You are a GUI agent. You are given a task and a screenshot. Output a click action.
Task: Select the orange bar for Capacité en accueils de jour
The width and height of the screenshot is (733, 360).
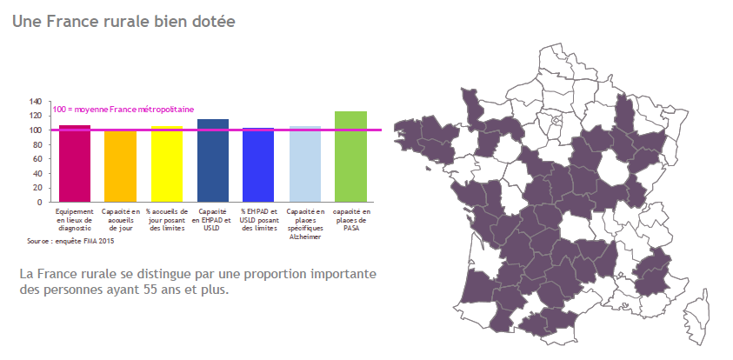[x=121, y=166]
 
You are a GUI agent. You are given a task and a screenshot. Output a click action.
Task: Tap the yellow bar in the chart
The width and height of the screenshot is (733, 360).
[x=167, y=164]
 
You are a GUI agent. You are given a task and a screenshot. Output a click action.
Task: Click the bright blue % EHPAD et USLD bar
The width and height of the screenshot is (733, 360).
[x=258, y=165]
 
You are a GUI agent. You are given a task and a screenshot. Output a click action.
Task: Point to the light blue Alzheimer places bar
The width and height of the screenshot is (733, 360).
[x=304, y=164]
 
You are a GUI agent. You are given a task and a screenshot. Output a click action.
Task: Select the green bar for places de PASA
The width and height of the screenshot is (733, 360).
[x=350, y=157]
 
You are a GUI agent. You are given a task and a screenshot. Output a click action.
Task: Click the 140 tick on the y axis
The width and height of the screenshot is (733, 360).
[x=36, y=102]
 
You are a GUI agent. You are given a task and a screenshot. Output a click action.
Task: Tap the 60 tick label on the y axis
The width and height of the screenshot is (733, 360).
[x=38, y=159]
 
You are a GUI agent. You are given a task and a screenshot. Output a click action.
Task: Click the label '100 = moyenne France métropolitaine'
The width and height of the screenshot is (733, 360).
[x=123, y=110]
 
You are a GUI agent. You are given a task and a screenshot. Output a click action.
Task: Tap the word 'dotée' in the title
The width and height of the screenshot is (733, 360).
[x=213, y=19]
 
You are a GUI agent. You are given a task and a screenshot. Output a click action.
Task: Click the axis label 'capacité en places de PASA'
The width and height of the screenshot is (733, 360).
[x=350, y=220]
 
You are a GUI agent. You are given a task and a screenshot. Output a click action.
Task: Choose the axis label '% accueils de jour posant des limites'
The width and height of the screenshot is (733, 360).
[x=167, y=220]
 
